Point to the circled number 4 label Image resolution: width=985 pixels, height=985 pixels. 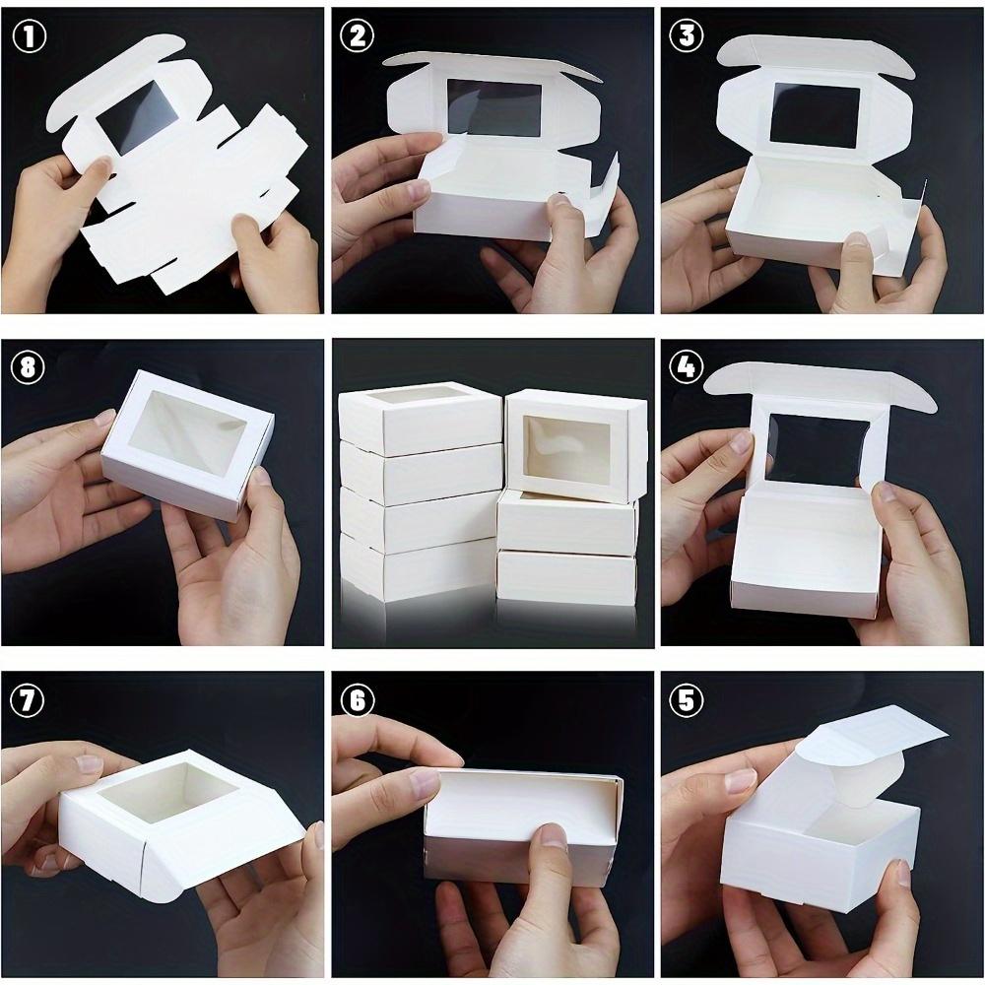(686, 366)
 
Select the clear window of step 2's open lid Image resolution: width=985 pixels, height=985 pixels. (494, 107)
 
